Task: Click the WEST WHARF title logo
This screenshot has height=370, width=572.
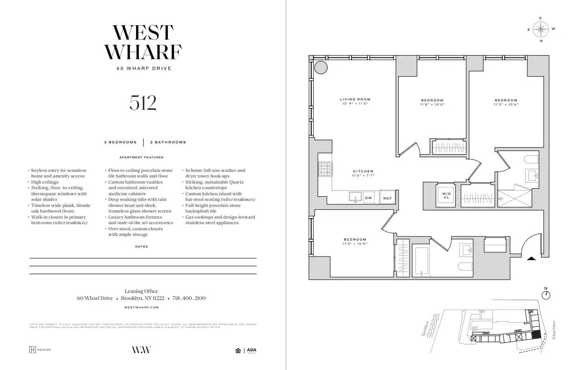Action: coord(143,42)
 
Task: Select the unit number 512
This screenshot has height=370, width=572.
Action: coord(143,103)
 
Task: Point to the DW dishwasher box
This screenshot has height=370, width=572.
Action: coord(369,198)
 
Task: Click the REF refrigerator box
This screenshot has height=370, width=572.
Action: coord(387,198)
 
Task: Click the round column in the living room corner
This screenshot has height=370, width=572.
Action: coord(320,68)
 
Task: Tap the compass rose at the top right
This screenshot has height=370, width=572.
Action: coord(541,29)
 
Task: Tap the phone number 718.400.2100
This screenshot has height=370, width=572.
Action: coord(189,298)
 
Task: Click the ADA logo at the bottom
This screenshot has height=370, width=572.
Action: coord(251,350)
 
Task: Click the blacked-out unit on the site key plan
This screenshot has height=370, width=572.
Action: coord(536,334)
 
